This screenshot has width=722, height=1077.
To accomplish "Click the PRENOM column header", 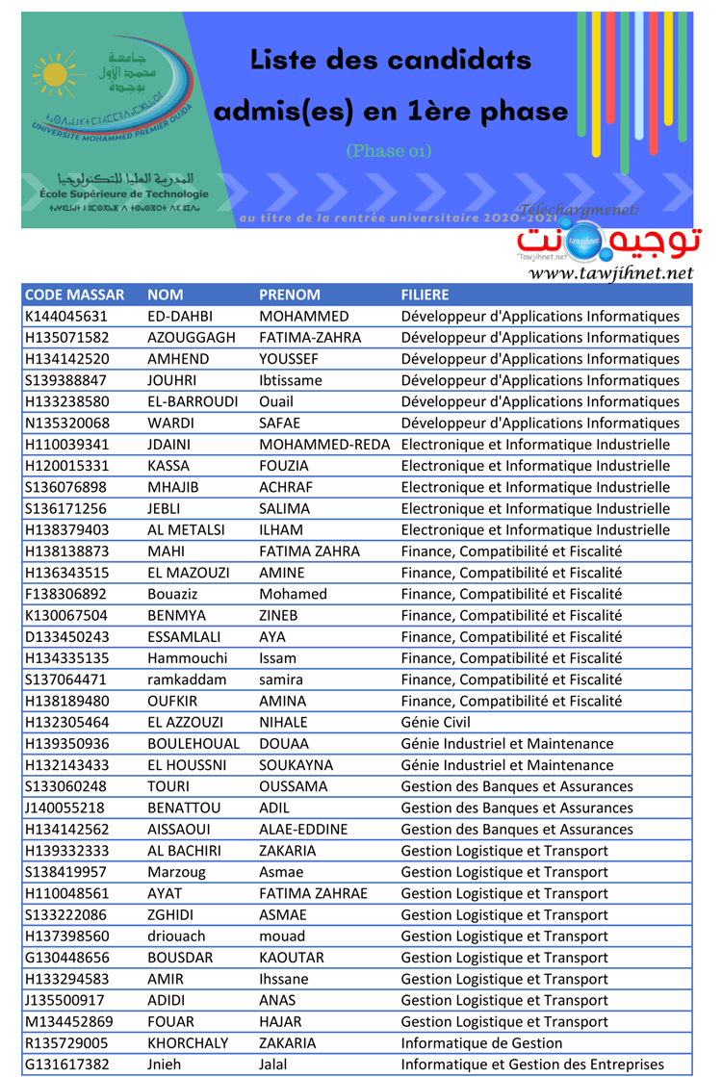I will pyautogui.click(x=290, y=295).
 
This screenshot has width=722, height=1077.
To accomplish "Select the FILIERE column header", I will pyautogui.click(x=425, y=295).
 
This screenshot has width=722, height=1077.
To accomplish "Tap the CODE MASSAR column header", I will pyautogui.click(x=74, y=295).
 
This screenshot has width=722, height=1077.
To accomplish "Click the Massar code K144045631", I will pyautogui.click(x=66, y=317).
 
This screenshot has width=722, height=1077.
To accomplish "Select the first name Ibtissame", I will pyautogui.click(x=291, y=380).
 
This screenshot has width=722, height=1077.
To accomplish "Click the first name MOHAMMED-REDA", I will pyautogui.click(x=324, y=445).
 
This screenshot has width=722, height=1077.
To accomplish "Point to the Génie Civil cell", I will pyautogui.click(x=435, y=723).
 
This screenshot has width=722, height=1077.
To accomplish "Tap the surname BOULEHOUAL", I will pyautogui.click(x=193, y=744).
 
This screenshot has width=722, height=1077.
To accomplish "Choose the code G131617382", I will pyautogui.click(x=66, y=1064).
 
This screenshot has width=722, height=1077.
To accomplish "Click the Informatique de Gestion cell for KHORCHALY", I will pyautogui.click(x=481, y=1043).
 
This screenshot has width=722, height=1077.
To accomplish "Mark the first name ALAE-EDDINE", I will pyautogui.click(x=303, y=830).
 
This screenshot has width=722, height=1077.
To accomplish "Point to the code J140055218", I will pyautogui.click(x=64, y=808).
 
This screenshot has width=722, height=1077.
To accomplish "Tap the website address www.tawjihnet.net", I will pyautogui.click(x=610, y=273).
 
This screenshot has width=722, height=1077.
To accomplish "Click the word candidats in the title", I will pyautogui.click(x=461, y=61).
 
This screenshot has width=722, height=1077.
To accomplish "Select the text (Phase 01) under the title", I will pyautogui.click(x=390, y=151).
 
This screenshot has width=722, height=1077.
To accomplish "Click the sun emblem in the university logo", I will pyautogui.click(x=60, y=75).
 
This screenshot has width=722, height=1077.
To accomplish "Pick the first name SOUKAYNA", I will pyautogui.click(x=296, y=765).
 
